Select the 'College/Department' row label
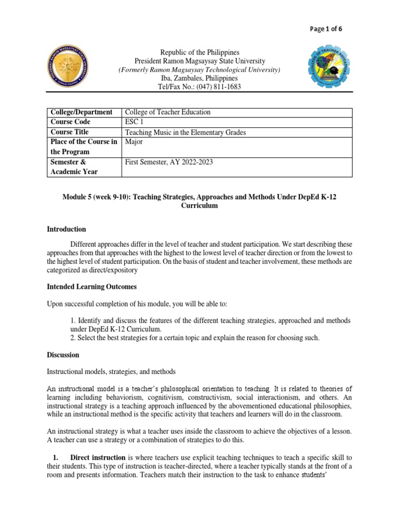pos(81,112)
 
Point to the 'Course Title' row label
pos(70,132)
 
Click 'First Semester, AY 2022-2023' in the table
pos(169,162)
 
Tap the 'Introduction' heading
pos(66,229)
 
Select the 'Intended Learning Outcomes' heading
pos(92,287)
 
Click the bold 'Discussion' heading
pos(63,355)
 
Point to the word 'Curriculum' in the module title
pos(199,206)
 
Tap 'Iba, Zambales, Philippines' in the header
pos(199,78)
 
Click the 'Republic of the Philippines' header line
pos(199,52)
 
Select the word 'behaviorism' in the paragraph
pos(126,397)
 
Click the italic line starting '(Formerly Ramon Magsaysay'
pos(199,70)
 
